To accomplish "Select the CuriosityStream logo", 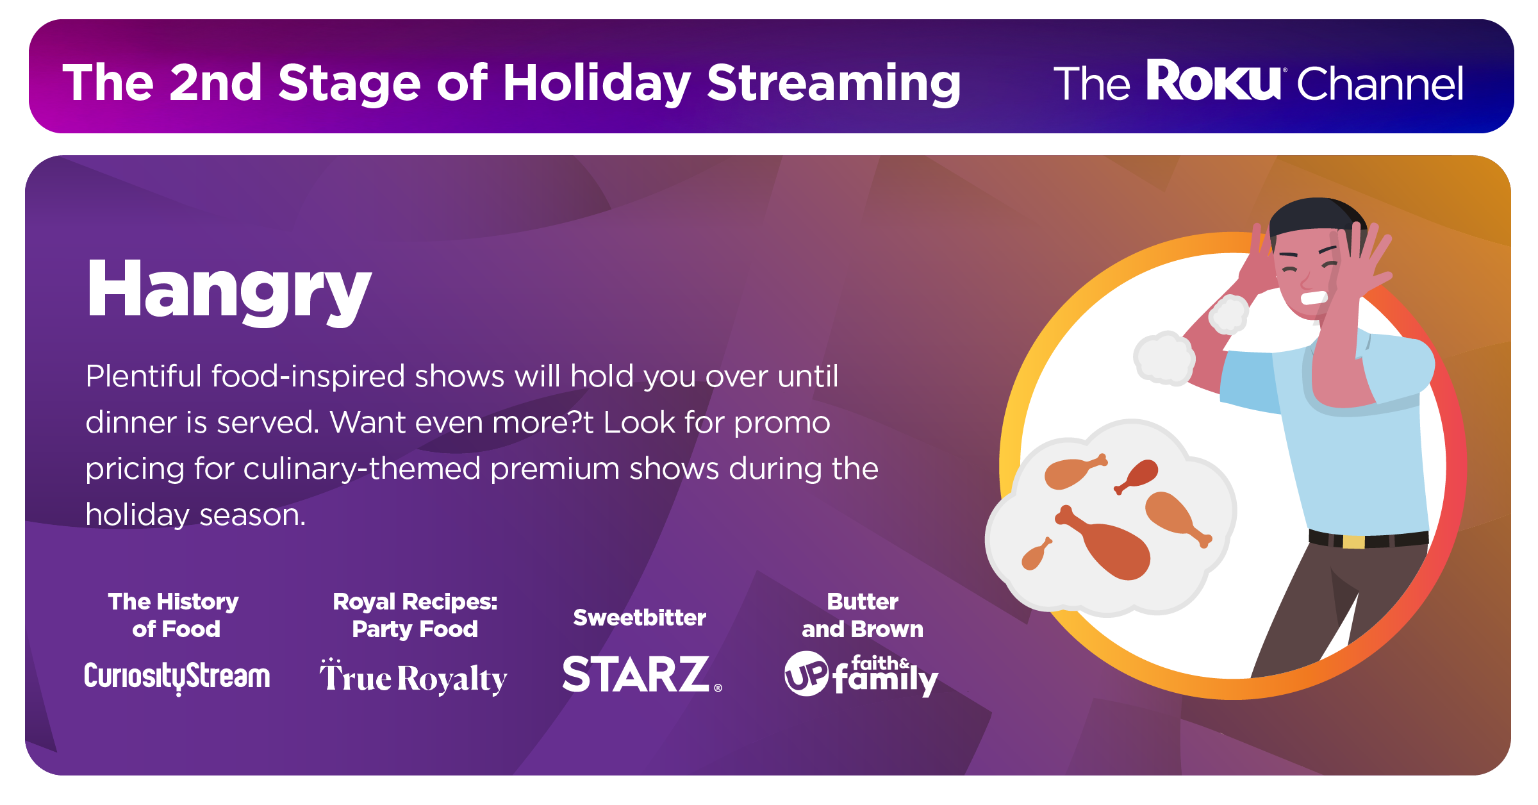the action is pyautogui.click(x=177, y=677).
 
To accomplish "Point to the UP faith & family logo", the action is pyautogui.click(x=861, y=674).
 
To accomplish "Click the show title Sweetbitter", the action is pyautogui.click(x=640, y=617).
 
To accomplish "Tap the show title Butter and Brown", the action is pyautogui.click(x=863, y=615).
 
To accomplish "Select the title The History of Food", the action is pyautogui.click(x=174, y=615).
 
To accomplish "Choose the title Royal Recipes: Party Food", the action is pyautogui.click(x=415, y=615).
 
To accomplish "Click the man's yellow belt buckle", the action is pyautogui.click(x=1353, y=542).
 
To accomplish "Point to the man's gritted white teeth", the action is pyautogui.click(x=1314, y=298).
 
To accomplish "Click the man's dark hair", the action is pyautogui.click(x=1314, y=218).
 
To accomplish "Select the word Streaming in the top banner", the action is pyautogui.click(x=834, y=83).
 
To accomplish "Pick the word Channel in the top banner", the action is pyautogui.click(x=1380, y=83).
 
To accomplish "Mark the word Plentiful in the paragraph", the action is pyautogui.click(x=144, y=376).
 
